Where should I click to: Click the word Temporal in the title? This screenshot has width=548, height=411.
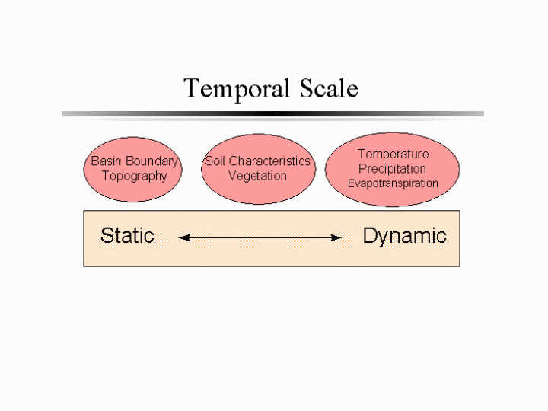coord(237,90)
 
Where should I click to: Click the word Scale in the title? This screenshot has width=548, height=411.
coord(329,88)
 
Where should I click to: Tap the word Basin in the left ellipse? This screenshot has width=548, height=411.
coord(107,161)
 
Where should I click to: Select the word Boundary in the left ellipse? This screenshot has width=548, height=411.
coord(152,162)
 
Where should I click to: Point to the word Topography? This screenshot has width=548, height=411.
coord(135,176)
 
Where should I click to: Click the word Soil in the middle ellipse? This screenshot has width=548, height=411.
coord(215,161)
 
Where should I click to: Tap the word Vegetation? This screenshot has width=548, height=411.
coord(257,176)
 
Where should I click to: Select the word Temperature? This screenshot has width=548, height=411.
coord(393,154)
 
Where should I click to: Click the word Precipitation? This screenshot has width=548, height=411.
coord(392,169)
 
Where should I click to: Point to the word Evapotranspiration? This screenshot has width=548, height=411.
coord(393,183)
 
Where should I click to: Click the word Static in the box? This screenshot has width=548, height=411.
coord(127,235)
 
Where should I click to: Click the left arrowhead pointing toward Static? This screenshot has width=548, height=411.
coord(184,238)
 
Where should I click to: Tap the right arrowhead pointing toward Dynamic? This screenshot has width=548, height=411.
coord(336,238)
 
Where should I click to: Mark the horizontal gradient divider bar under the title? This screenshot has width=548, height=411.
coord(272,114)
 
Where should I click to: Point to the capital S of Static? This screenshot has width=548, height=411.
coord(107,235)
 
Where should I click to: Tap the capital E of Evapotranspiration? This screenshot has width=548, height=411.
coord(351,183)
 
